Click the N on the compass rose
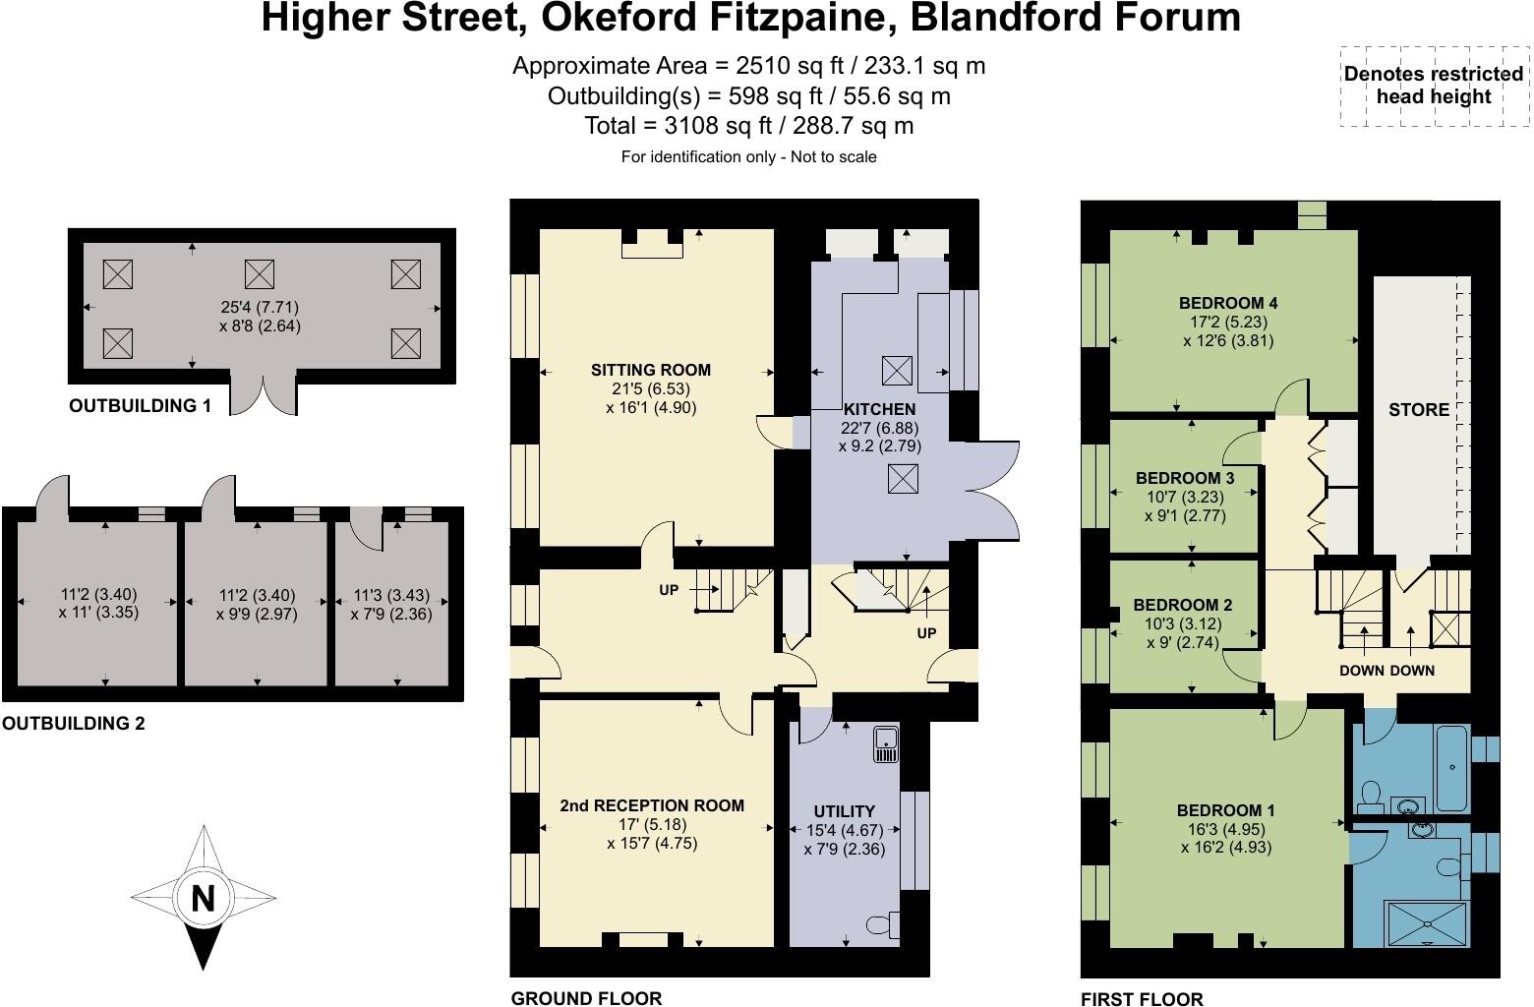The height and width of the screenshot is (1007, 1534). tap(203, 898)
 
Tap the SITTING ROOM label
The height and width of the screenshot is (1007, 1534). tap(651, 370)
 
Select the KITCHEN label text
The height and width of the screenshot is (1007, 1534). tap(879, 409)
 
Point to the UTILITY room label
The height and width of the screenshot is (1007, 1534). tap(845, 811)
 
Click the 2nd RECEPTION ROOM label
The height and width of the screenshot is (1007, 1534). tap(652, 805)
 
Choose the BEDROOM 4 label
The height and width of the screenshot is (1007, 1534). tap(1228, 303)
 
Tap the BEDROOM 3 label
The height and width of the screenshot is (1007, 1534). tap(1185, 478)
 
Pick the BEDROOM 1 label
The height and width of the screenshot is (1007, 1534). tap(1226, 810)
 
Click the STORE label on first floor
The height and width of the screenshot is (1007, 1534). tap(1419, 410)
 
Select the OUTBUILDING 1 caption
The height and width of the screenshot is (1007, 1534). tap(140, 405)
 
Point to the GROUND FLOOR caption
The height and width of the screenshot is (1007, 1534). tap(586, 999)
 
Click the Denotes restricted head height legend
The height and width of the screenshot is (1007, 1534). tap(1434, 85)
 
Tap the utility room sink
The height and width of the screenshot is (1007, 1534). tap(886, 744)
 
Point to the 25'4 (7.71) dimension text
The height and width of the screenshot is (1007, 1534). tap(260, 307)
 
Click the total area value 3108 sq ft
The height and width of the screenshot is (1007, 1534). tap(719, 126)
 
